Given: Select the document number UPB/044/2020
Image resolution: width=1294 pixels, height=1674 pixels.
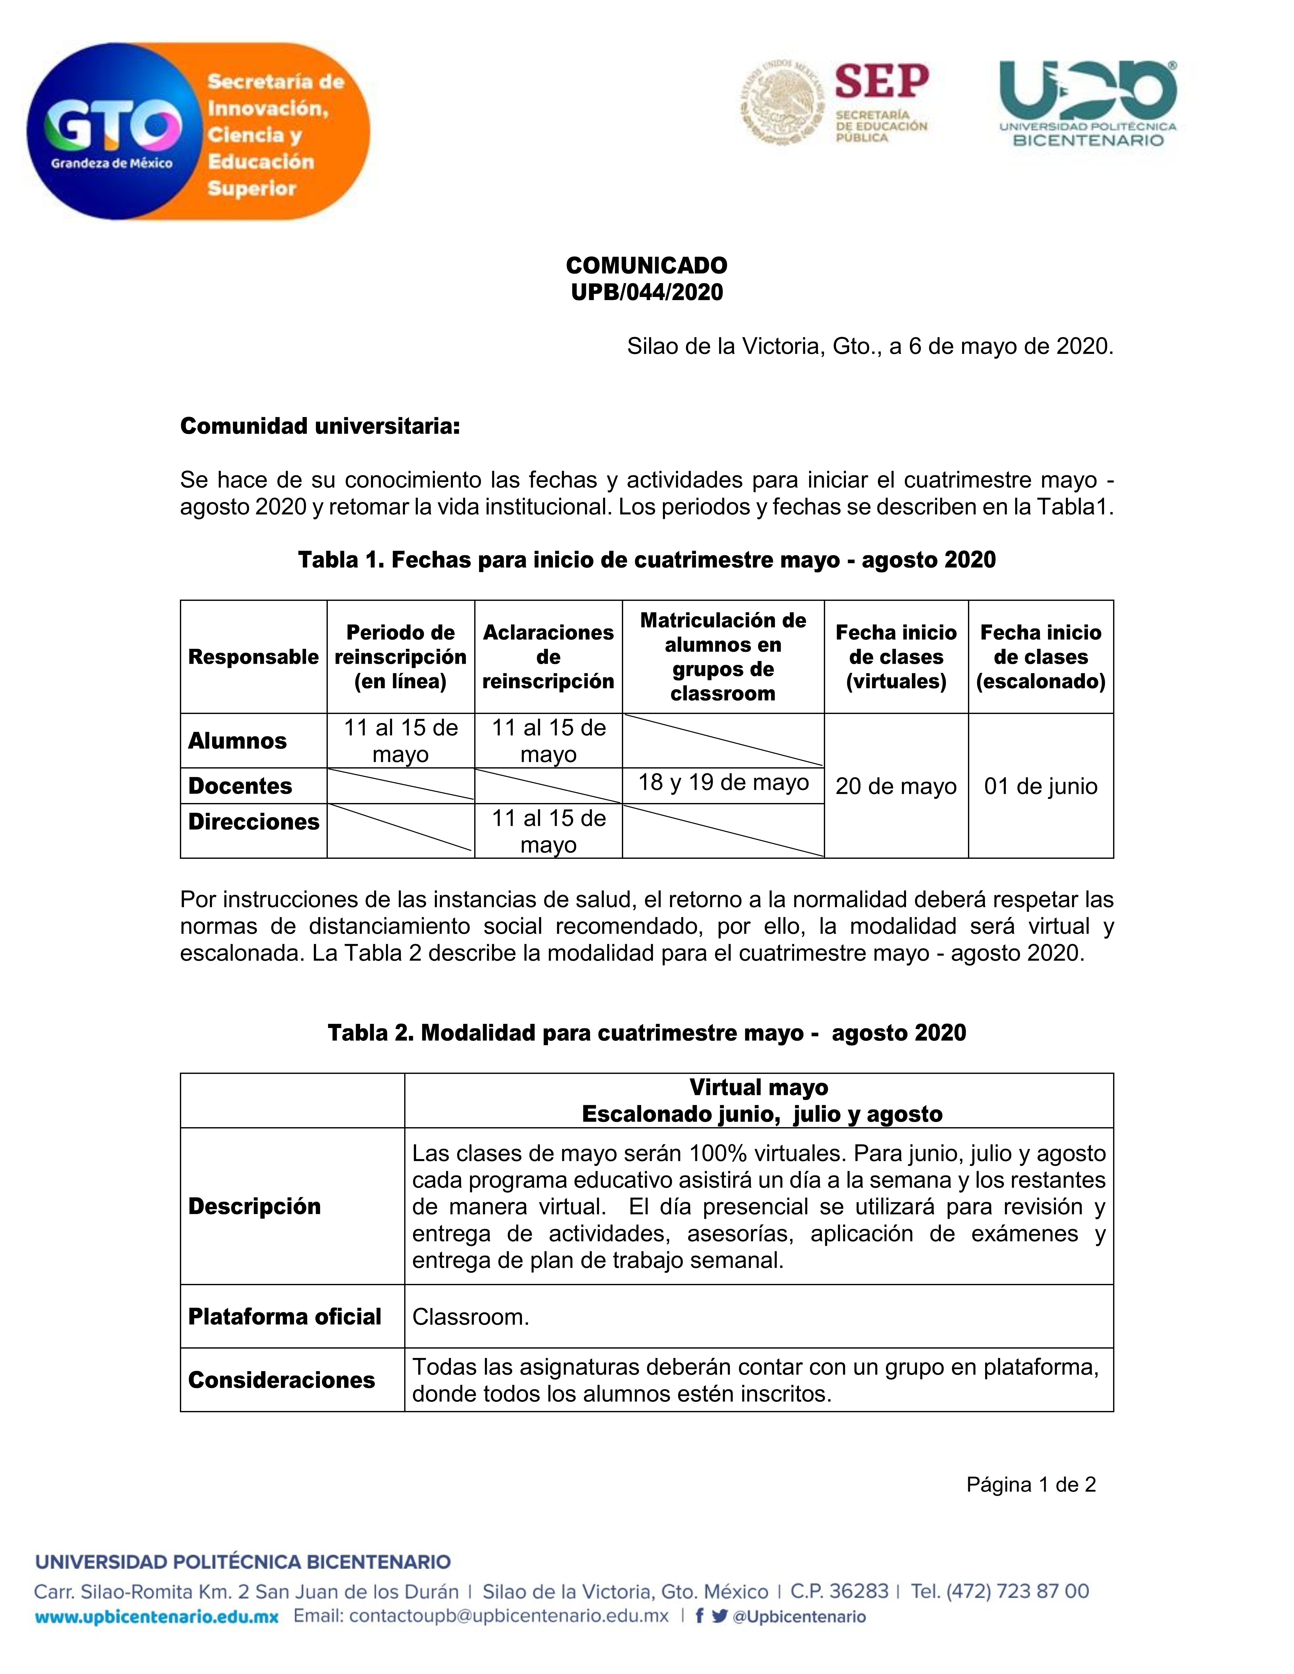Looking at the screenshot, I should pos(646,292).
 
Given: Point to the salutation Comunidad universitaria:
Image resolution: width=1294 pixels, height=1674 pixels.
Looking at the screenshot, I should pos(320,426).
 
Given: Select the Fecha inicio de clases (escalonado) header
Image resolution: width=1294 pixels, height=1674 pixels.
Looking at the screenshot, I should pos(1040,657).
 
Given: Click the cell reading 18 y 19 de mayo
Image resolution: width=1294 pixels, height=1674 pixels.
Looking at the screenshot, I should pos(723,782).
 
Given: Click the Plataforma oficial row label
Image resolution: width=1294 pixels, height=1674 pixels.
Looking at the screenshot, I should pos(284,1317).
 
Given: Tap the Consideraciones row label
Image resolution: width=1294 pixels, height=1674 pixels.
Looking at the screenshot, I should pos(281,1381).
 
